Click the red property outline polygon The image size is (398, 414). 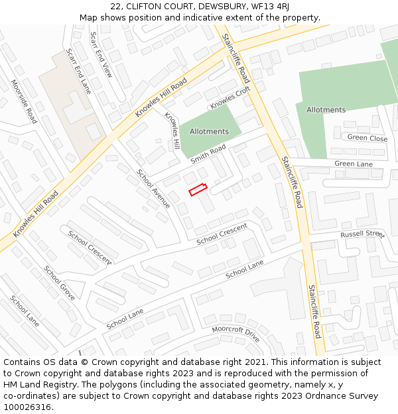click(x=198, y=189)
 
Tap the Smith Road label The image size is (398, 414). click(x=208, y=154)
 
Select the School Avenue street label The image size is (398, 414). click(x=153, y=189)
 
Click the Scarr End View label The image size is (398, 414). click(x=101, y=55)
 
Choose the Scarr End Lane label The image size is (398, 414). click(x=79, y=71)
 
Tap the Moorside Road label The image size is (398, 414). click(x=24, y=102)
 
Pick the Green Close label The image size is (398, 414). click(x=367, y=138)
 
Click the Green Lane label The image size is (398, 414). click(x=354, y=164)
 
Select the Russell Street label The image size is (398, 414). click(x=362, y=234)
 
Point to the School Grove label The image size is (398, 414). click(x=60, y=283)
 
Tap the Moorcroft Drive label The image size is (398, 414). click(x=235, y=333)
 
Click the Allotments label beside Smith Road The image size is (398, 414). click(x=209, y=131)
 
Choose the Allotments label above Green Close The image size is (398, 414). click(x=326, y=109)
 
